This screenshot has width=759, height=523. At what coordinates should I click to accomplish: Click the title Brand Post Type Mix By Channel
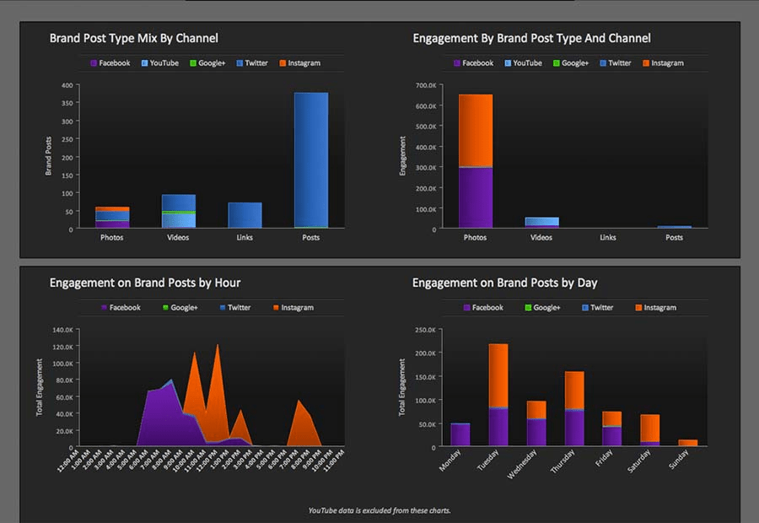[133, 38]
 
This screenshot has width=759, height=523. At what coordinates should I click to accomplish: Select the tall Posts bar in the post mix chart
[310, 160]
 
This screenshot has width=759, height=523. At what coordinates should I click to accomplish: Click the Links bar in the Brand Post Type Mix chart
[245, 216]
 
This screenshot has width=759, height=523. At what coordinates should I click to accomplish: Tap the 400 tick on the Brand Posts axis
[66, 85]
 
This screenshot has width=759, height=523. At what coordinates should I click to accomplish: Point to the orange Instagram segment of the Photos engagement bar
[475, 130]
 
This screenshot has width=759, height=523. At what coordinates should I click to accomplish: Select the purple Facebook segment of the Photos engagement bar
[475, 198]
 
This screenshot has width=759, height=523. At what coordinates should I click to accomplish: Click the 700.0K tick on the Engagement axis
[424, 85]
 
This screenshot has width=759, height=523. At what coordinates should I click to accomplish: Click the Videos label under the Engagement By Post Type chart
[541, 238]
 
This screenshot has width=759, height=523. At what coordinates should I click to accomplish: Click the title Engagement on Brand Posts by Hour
[145, 283]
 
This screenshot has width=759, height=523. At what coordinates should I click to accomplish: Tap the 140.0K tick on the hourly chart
[63, 330]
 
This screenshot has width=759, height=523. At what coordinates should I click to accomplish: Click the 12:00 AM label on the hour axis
[69, 460]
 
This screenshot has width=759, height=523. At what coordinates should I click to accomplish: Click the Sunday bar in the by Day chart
[688, 442]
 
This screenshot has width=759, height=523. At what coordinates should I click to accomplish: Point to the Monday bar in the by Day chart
[460, 434]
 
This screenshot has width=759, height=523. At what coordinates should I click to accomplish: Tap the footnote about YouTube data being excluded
[379, 510]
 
